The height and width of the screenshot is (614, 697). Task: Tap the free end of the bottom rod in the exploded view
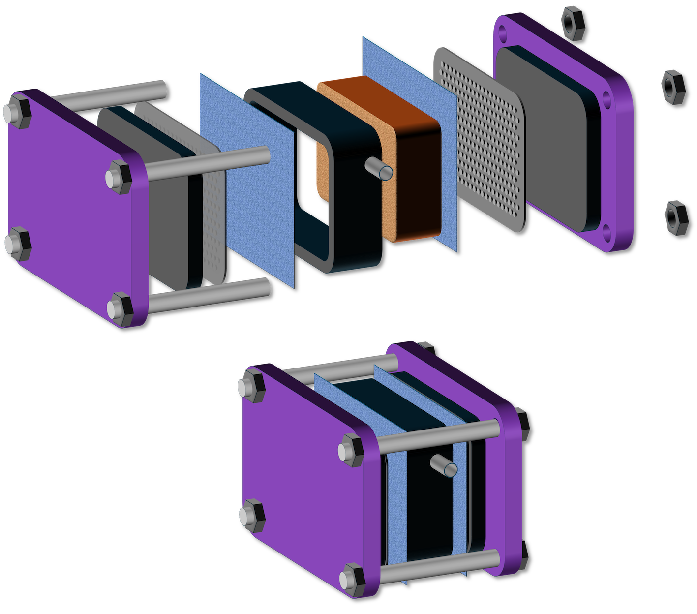[264, 286]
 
